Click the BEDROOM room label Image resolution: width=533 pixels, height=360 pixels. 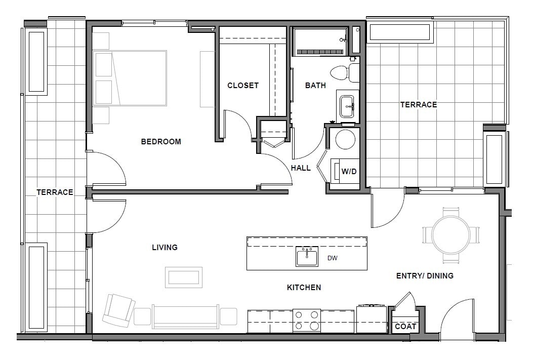point(160,142)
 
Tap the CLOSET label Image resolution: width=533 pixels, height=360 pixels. point(242,86)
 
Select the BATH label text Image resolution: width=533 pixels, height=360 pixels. point(315,86)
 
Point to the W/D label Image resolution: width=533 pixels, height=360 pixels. point(349,171)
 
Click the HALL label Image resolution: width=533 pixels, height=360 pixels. point(301,168)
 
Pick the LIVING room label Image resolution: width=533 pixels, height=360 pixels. point(165,248)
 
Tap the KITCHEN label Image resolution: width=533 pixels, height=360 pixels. point(304,288)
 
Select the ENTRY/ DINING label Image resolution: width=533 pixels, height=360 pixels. point(424,276)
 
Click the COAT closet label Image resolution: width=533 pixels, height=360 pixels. point(405,327)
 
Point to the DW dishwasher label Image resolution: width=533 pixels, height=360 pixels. point(332,258)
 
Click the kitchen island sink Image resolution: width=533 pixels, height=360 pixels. point(307,257)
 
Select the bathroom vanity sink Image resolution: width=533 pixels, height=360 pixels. point(348,105)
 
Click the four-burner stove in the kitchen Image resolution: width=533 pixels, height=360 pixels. point(307,321)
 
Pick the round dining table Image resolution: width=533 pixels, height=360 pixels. point(450,235)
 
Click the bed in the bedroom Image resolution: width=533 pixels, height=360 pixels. point(130,78)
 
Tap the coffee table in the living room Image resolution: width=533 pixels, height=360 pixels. point(183,277)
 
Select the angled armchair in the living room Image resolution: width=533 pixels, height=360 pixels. point(118,309)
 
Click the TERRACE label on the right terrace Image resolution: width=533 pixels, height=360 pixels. point(418,105)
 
